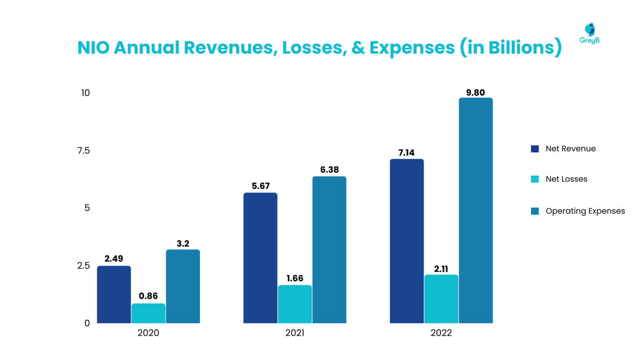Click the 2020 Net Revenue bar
point(114,294)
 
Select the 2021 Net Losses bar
point(295,304)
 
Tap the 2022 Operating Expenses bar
point(475,210)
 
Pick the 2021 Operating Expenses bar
point(329,250)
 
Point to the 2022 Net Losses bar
point(441,299)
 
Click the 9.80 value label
point(475,92)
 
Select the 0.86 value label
point(148,296)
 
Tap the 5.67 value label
point(260,186)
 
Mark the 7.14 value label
point(406,152)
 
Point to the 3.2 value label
point(183,243)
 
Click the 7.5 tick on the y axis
point(83,150)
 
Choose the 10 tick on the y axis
point(85,93)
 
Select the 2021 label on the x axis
point(295,333)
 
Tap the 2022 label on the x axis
point(441,333)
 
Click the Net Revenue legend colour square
point(535,149)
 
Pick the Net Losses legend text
point(566,179)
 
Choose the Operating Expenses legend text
point(585,211)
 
